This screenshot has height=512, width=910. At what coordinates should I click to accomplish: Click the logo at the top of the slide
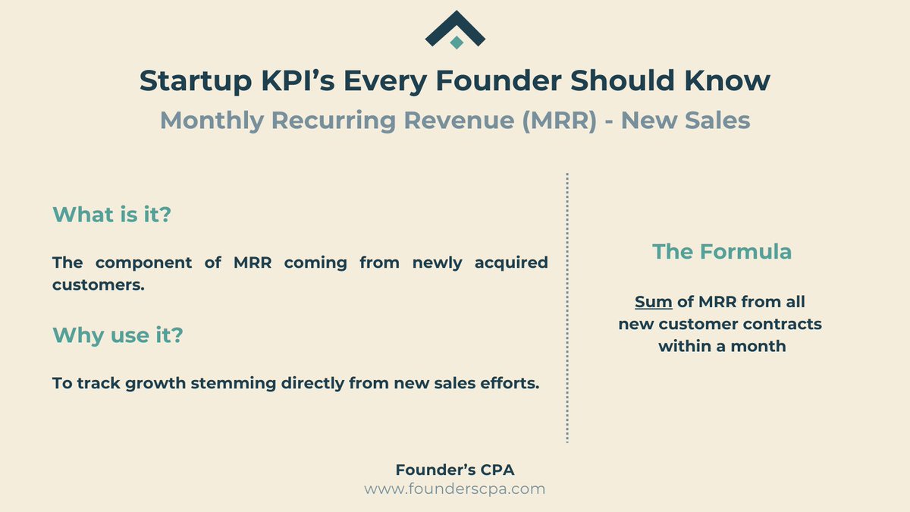click(455, 28)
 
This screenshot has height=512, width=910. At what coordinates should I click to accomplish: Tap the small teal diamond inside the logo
click(456, 42)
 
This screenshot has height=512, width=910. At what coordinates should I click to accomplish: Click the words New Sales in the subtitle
click(686, 121)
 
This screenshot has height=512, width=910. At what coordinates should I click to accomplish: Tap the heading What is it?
click(112, 215)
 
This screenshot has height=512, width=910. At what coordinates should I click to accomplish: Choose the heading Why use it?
click(118, 335)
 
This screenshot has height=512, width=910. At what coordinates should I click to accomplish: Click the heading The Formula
click(722, 252)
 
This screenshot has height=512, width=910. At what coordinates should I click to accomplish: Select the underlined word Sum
click(654, 303)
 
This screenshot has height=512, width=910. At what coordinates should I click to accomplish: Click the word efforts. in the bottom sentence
click(510, 384)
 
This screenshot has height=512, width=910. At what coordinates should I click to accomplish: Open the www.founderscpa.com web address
click(454, 489)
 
